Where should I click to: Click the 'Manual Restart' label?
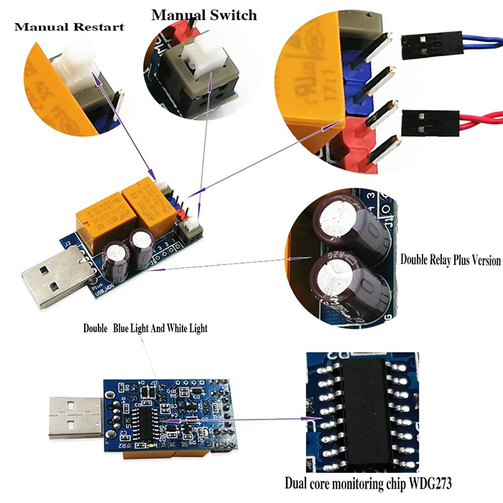pos(69,27)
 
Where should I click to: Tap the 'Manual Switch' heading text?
pos(203,14)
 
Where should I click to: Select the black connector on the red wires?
pos(422,120)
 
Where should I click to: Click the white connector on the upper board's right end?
pos(192,229)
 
